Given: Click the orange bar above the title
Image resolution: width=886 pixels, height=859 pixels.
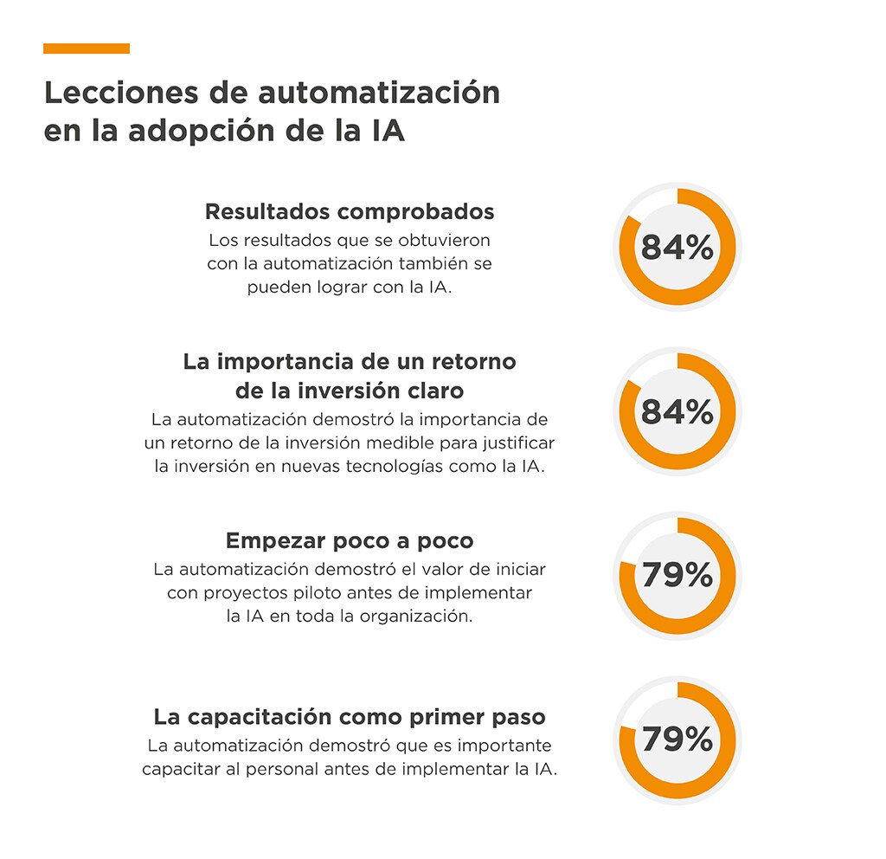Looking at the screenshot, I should pyautogui.click(x=87, y=48).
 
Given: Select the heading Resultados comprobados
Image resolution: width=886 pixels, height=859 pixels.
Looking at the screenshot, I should pyautogui.click(x=350, y=211).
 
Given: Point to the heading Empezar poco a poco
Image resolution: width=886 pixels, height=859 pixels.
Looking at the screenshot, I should pyautogui.click(x=350, y=541).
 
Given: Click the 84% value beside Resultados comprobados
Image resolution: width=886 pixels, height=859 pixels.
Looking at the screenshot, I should pyautogui.click(x=677, y=248).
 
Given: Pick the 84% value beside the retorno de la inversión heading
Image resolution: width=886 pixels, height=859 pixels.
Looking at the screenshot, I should pyautogui.click(x=677, y=412).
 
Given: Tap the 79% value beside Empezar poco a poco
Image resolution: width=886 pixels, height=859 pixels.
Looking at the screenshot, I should pyautogui.click(x=677, y=575).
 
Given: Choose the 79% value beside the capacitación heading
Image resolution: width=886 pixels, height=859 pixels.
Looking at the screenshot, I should pyautogui.click(x=677, y=740).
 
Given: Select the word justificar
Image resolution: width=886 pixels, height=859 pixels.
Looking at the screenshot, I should pyautogui.click(x=515, y=443).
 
